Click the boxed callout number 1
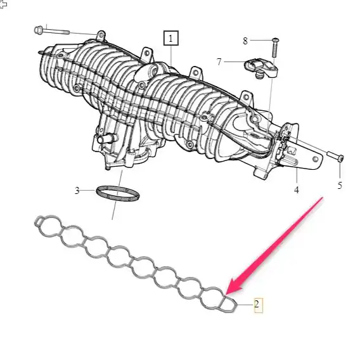(171, 38)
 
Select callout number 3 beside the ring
(77, 190)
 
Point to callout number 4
(297, 190)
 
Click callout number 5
(340, 185)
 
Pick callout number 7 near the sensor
(219, 61)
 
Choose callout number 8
(245, 41)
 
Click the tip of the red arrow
(226, 295)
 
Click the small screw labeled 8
(276, 48)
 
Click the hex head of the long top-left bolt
(38, 30)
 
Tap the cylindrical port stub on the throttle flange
(106, 139)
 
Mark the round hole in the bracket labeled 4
(316, 159)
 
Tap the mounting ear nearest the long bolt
(101, 36)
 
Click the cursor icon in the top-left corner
(3, 4)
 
